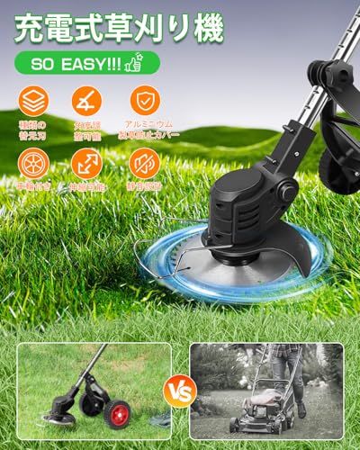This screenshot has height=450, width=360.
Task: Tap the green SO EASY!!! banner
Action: (x=85, y=63)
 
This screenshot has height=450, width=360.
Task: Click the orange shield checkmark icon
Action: (x=144, y=101)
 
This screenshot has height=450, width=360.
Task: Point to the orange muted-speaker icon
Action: (x=144, y=163)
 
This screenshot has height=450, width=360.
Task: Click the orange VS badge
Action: (x=181, y=393)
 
